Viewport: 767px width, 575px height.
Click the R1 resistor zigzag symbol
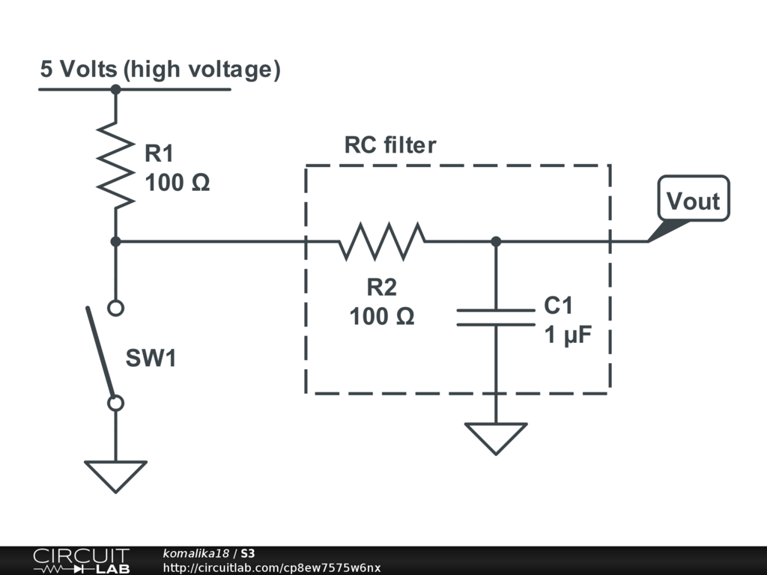tap(115, 165)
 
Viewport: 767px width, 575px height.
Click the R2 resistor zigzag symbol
tap(382, 241)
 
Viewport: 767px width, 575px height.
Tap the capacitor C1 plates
tap(496, 317)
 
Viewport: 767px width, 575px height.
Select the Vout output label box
tap(694, 198)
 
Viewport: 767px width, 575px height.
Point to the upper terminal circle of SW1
tap(115, 308)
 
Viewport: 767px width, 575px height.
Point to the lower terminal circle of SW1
tap(115, 404)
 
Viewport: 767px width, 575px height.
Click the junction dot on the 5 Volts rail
tap(115, 90)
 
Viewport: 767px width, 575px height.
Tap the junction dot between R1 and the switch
tap(115, 242)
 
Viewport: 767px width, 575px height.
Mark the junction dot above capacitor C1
tap(496, 242)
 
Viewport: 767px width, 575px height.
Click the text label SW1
tap(151, 358)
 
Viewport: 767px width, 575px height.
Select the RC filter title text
tap(389, 144)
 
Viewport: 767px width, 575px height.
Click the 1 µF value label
tap(568, 335)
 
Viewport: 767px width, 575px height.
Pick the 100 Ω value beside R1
tap(177, 183)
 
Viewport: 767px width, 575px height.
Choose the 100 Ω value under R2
tap(382, 317)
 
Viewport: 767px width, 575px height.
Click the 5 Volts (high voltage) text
tap(160, 70)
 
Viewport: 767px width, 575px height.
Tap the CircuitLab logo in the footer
tap(81, 561)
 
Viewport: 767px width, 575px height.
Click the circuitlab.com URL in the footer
tap(271, 568)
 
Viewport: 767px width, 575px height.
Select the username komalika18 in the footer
tap(195, 553)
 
